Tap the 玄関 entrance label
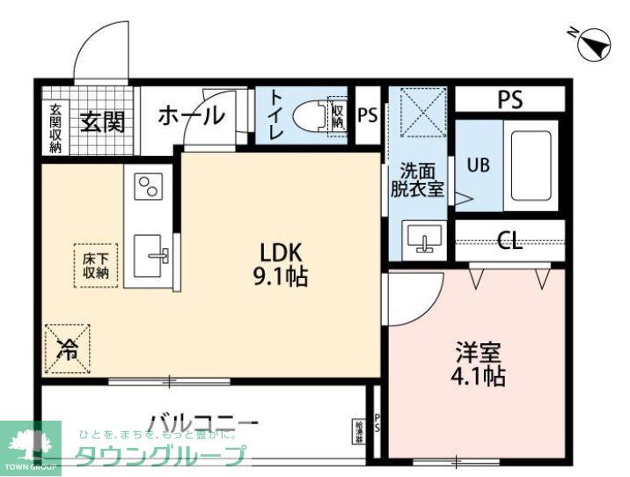[102, 121]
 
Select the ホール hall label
[191, 115]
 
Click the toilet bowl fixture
[307, 116]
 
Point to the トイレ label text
[275, 115]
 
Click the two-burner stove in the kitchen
[147, 186]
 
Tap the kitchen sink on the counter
[153, 255]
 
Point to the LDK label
[280, 250]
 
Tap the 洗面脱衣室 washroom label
[418, 180]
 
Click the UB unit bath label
[478, 165]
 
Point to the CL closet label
[509, 241]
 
